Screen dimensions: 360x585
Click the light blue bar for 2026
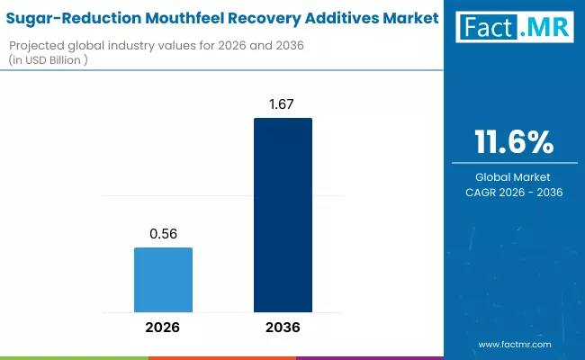tap(163, 280)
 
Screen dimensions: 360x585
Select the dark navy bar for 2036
tap(283, 215)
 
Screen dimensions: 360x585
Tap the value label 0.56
tap(163, 233)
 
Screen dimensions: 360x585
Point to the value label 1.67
tap(283, 103)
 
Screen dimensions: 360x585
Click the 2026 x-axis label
tap(163, 328)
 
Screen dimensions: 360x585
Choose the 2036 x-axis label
tap(283, 328)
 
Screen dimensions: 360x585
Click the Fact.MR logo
tap(514, 28)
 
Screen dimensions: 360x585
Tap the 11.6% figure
tap(514, 141)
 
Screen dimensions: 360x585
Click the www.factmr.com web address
tap(514, 344)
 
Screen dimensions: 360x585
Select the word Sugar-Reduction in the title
tap(70, 17)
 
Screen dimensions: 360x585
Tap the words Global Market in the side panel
tap(514, 176)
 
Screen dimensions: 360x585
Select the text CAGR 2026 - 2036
tap(514, 192)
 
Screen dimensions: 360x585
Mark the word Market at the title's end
tap(413, 17)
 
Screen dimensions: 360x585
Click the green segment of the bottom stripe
tap(74, 357)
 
